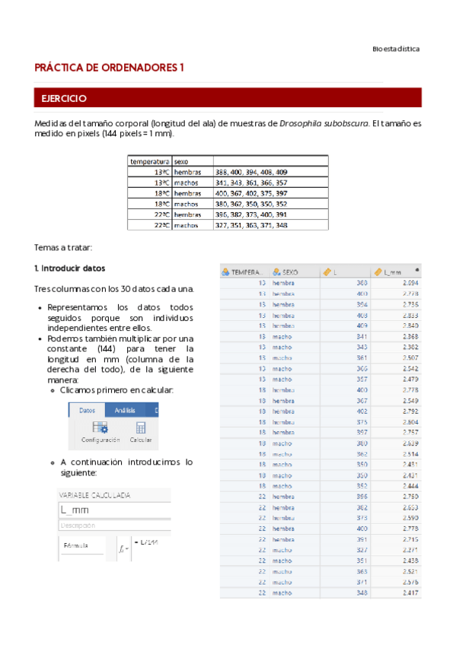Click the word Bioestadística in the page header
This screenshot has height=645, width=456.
coord(395,49)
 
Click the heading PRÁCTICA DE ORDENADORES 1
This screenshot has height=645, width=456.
coord(110,68)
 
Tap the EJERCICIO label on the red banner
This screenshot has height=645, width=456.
coord(64,99)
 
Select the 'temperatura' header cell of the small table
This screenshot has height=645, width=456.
coord(149,161)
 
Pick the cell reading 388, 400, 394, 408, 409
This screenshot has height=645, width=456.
coord(251,172)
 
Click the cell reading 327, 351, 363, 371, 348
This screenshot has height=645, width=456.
coord(251,225)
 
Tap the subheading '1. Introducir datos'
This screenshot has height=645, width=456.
coord(69,268)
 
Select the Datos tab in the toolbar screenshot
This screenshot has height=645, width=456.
coord(87,410)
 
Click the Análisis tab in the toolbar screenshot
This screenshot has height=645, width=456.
coord(125,410)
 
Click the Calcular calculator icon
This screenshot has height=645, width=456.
coord(141,428)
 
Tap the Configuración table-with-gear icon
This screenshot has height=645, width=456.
coord(100,428)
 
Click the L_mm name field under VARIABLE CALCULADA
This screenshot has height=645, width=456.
coord(114,510)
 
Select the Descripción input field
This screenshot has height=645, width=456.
coord(114,525)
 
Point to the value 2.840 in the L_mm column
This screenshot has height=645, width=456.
coord(409,325)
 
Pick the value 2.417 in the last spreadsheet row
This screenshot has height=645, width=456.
coord(409,592)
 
